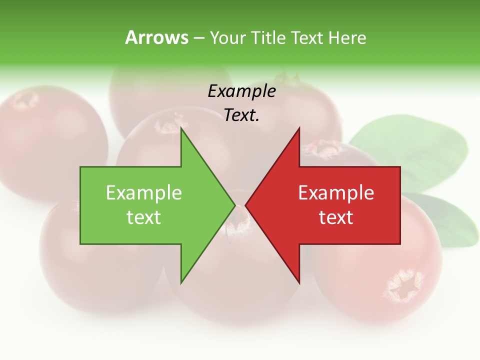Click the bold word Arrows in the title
tap(156, 37)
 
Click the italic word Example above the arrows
tap(241, 91)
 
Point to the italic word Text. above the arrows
tap(241, 115)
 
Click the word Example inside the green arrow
tap(144, 193)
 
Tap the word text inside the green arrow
tap(144, 217)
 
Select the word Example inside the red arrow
tap(336, 193)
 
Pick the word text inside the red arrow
tap(336, 217)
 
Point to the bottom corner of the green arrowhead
tap(181, 282)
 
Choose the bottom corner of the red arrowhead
tap(299, 282)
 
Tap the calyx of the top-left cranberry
tap(25, 100)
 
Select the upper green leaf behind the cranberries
tap(410, 150)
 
